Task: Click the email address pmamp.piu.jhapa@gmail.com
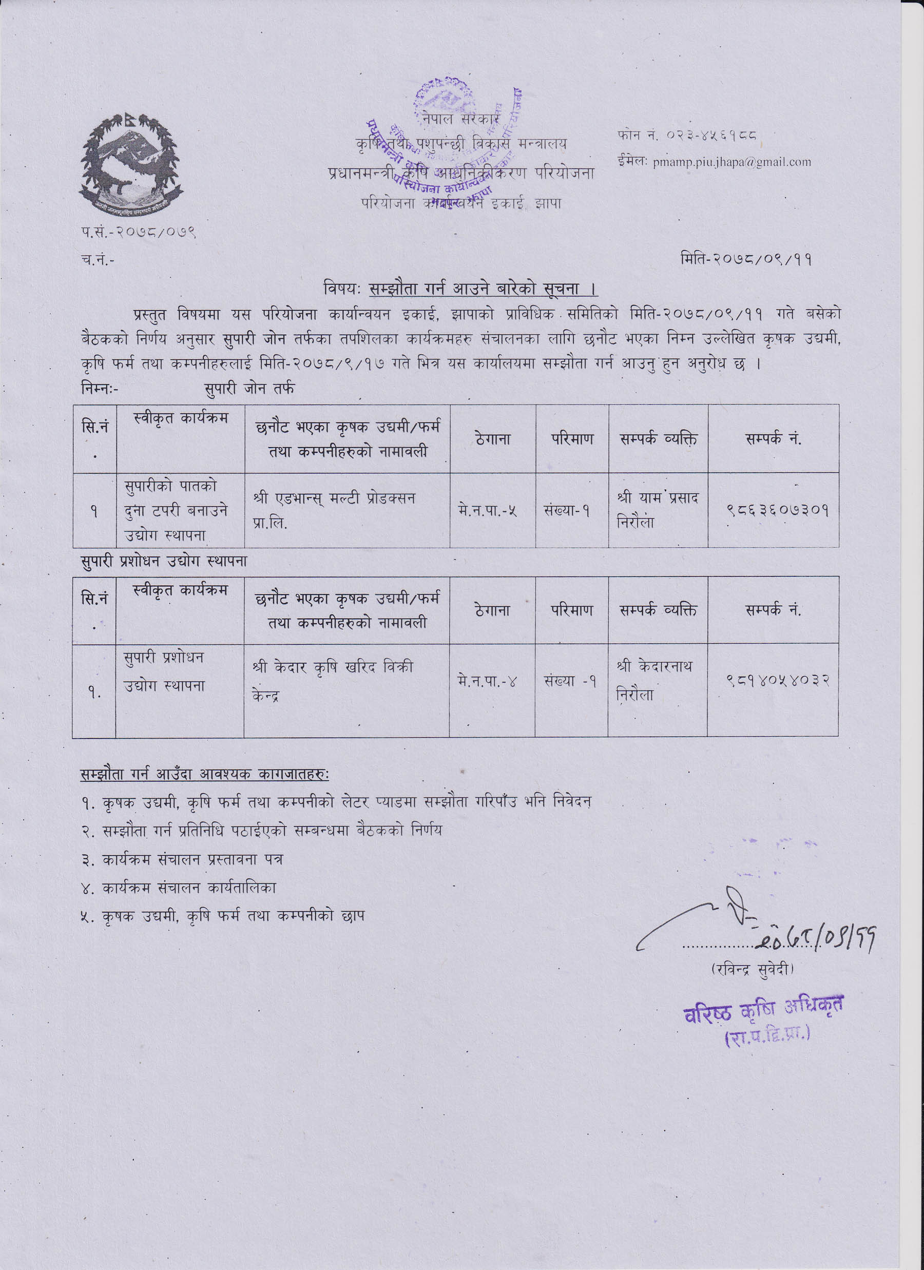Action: click(x=731, y=162)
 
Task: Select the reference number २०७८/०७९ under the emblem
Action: click(x=155, y=232)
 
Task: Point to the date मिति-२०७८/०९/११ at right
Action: click(x=746, y=259)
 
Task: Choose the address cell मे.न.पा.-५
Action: click(x=487, y=510)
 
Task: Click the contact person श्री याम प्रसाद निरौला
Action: click(x=658, y=510)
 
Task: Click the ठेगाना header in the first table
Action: click(x=492, y=439)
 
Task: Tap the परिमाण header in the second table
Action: click(x=571, y=610)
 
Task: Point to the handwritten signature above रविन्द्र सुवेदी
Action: click(x=728, y=919)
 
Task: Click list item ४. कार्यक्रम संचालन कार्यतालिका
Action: click(x=179, y=888)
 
